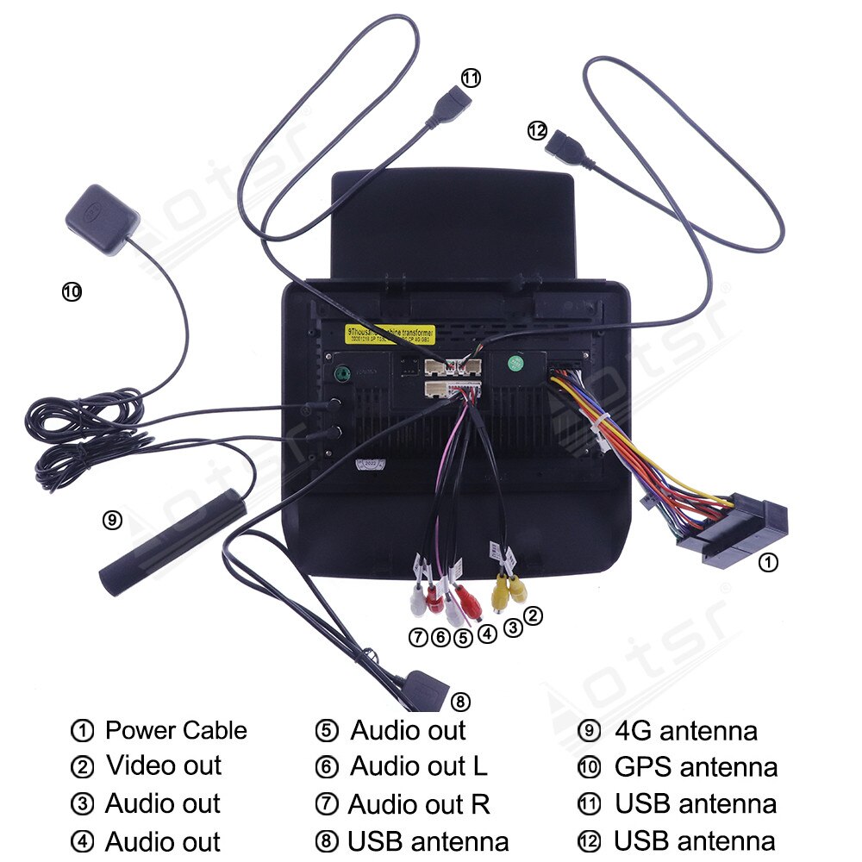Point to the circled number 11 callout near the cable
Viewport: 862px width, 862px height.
point(470,78)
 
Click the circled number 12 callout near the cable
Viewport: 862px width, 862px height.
point(537,130)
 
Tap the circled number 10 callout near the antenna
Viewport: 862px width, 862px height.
point(72,291)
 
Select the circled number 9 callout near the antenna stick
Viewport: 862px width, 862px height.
point(112,519)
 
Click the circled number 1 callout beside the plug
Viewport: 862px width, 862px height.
point(767,563)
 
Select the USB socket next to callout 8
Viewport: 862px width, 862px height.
point(425,690)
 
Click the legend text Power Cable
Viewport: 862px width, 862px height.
point(176,731)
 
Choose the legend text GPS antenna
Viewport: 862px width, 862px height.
point(696,766)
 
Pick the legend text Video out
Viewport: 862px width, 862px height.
point(164,765)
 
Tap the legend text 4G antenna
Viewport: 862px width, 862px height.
point(686,731)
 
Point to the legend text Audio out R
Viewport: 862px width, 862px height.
point(420,804)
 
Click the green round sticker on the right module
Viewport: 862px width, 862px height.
point(514,363)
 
